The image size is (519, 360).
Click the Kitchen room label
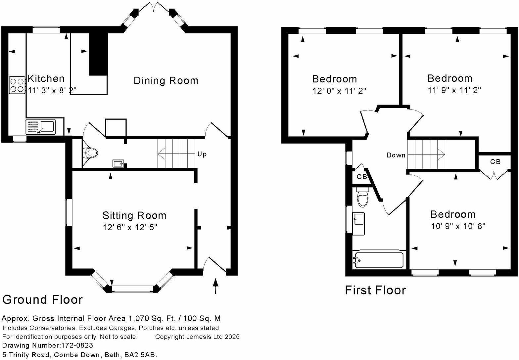(x=46, y=79)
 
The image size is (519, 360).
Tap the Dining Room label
(x=166, y=80)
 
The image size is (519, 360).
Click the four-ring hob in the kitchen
(x=17, y=85)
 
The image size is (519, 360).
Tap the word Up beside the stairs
(x=202, y=154)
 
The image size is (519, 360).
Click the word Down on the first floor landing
(x=396, y=155)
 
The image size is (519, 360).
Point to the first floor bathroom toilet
(x=363, y=198)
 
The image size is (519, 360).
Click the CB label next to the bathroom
(x=362, y=177)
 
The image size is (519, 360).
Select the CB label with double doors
(x=495, y=162)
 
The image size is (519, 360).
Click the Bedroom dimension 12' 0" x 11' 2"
(x=339, y=91)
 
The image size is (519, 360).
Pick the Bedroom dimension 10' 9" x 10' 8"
(x=458, y=226)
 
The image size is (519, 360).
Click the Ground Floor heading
(x=42, y=299)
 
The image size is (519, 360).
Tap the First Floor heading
(x=375, y=290)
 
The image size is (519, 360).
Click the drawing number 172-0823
(x=77, y=345)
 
